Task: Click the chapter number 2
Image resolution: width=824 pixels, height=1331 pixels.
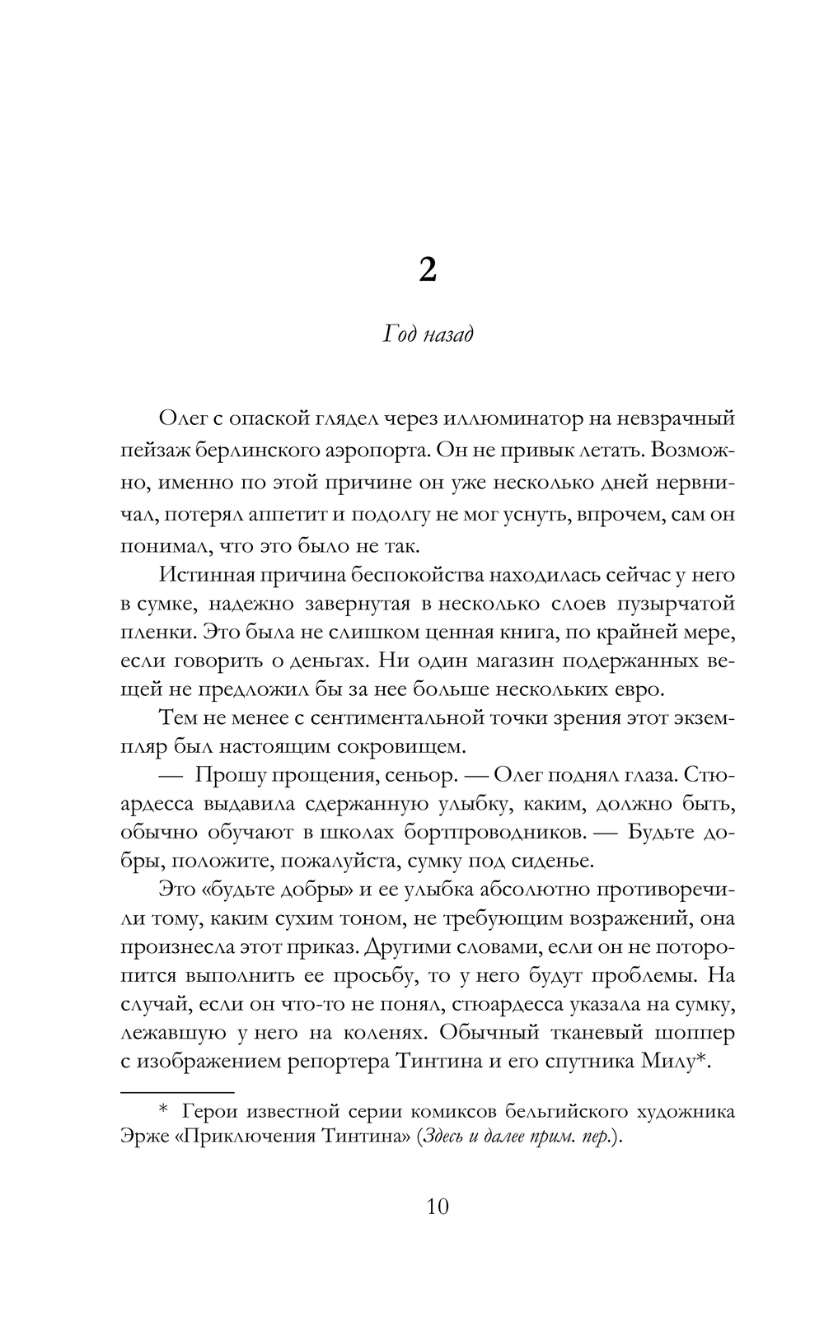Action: tap(427, 269)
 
